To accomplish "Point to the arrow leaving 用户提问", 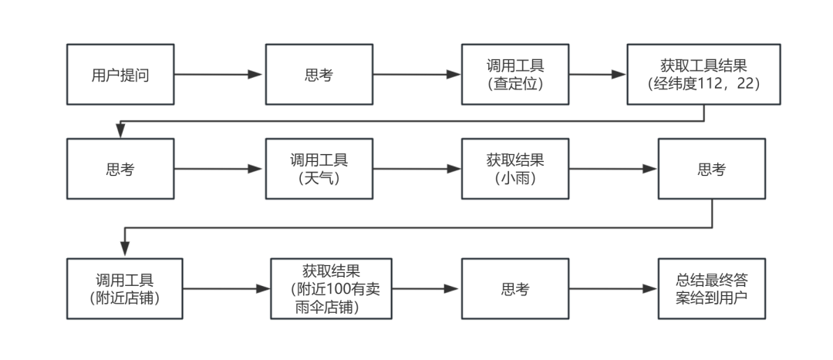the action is tap(218, 74).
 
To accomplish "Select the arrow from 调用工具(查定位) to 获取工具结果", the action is tap(597, 74).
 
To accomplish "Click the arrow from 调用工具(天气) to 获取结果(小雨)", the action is tap(416, 169).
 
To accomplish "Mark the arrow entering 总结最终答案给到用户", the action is tap(613, 289).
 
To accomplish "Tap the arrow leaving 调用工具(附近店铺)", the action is tap(226, 289).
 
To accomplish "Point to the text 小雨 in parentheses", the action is tap(514, 179).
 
